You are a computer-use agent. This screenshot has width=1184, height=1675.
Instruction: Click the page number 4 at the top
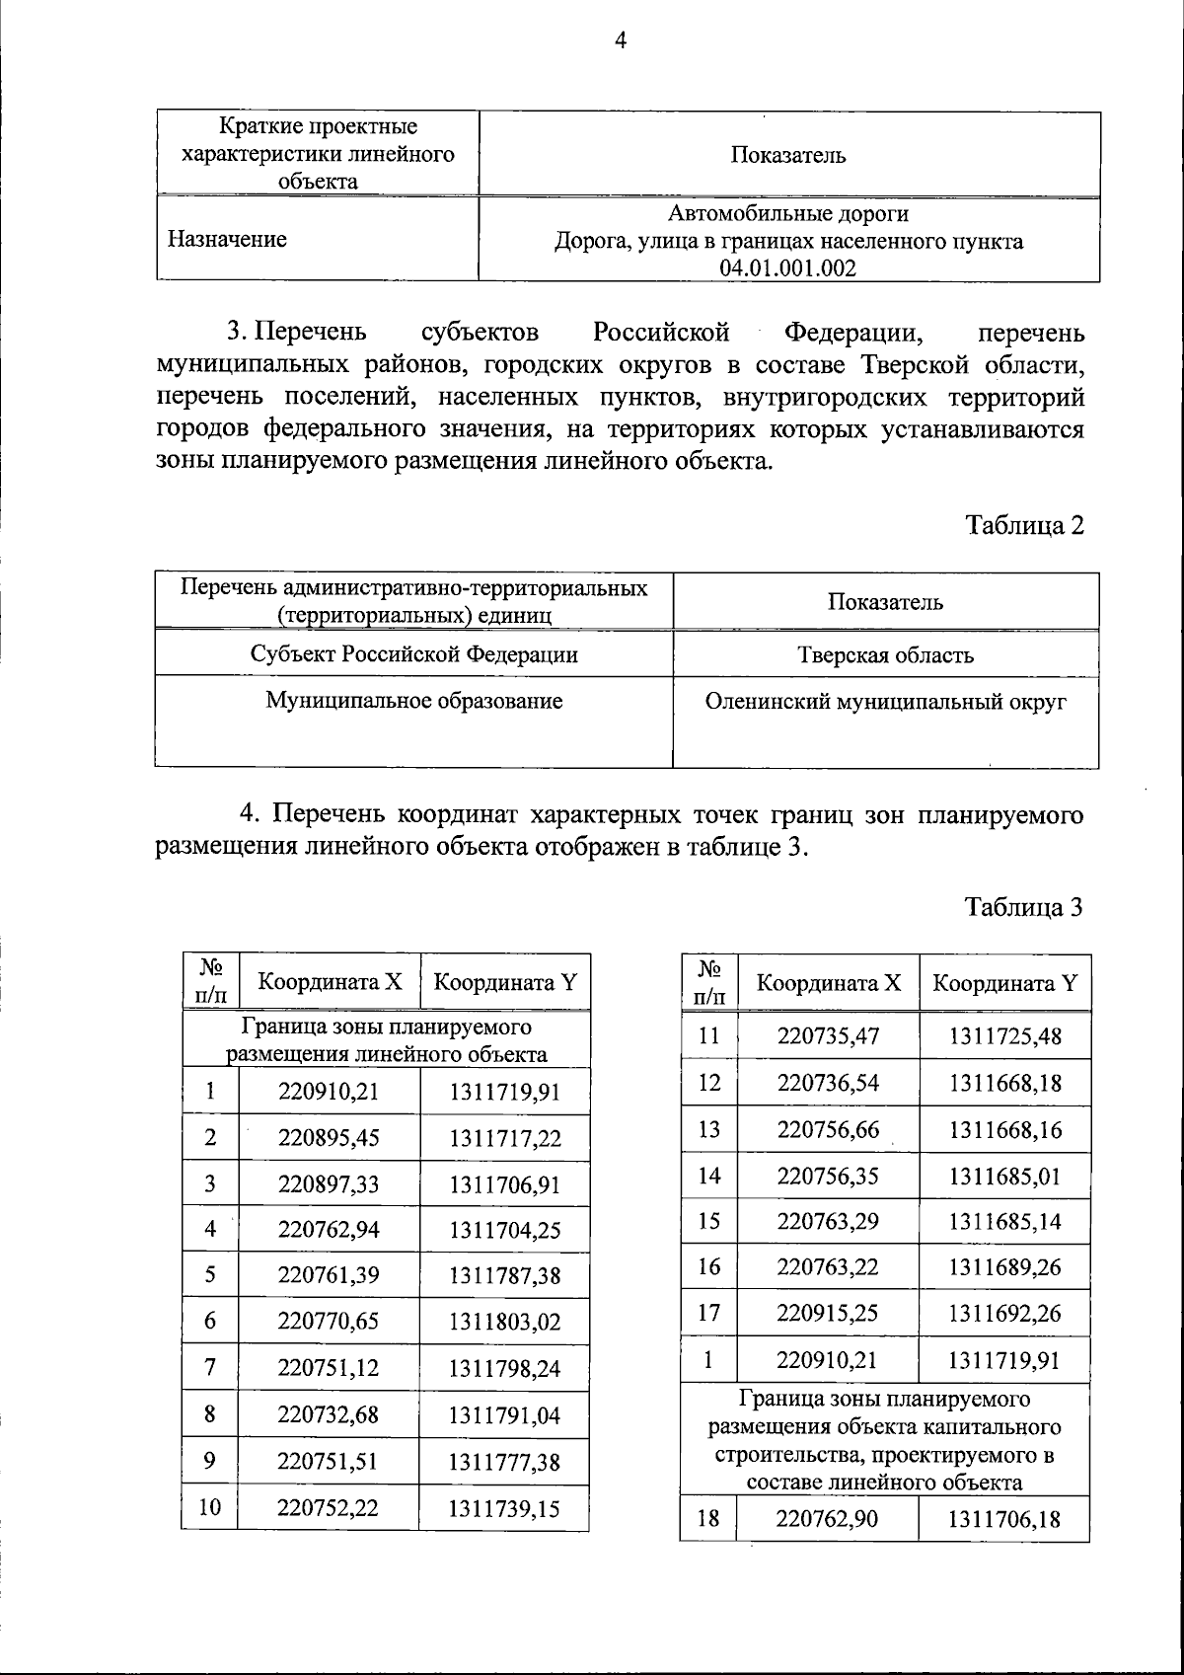pos(621,40)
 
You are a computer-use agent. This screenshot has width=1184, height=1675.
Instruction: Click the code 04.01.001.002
pos(787,267)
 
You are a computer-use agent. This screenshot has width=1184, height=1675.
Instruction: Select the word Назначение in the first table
pos(228,239)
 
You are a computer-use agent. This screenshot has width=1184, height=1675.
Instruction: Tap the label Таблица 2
pos(1024,525)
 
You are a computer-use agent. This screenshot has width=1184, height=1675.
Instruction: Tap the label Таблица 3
pos(1024,907)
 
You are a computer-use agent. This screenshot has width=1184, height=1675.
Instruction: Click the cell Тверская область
pos(885,655)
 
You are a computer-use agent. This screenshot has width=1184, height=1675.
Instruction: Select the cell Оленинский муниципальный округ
pos(885,702)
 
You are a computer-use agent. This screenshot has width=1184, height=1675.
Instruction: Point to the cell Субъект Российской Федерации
pos(414,654)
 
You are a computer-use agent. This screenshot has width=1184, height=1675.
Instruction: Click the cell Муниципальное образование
pos(414,701)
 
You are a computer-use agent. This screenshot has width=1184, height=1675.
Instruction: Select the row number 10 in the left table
pos(210,1507)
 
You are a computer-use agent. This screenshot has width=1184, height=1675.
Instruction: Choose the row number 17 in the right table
pos(708,1313)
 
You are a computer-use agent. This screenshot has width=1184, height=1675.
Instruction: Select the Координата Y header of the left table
pos(505,982)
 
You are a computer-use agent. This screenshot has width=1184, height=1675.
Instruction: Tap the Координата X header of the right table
pos(829,983)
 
